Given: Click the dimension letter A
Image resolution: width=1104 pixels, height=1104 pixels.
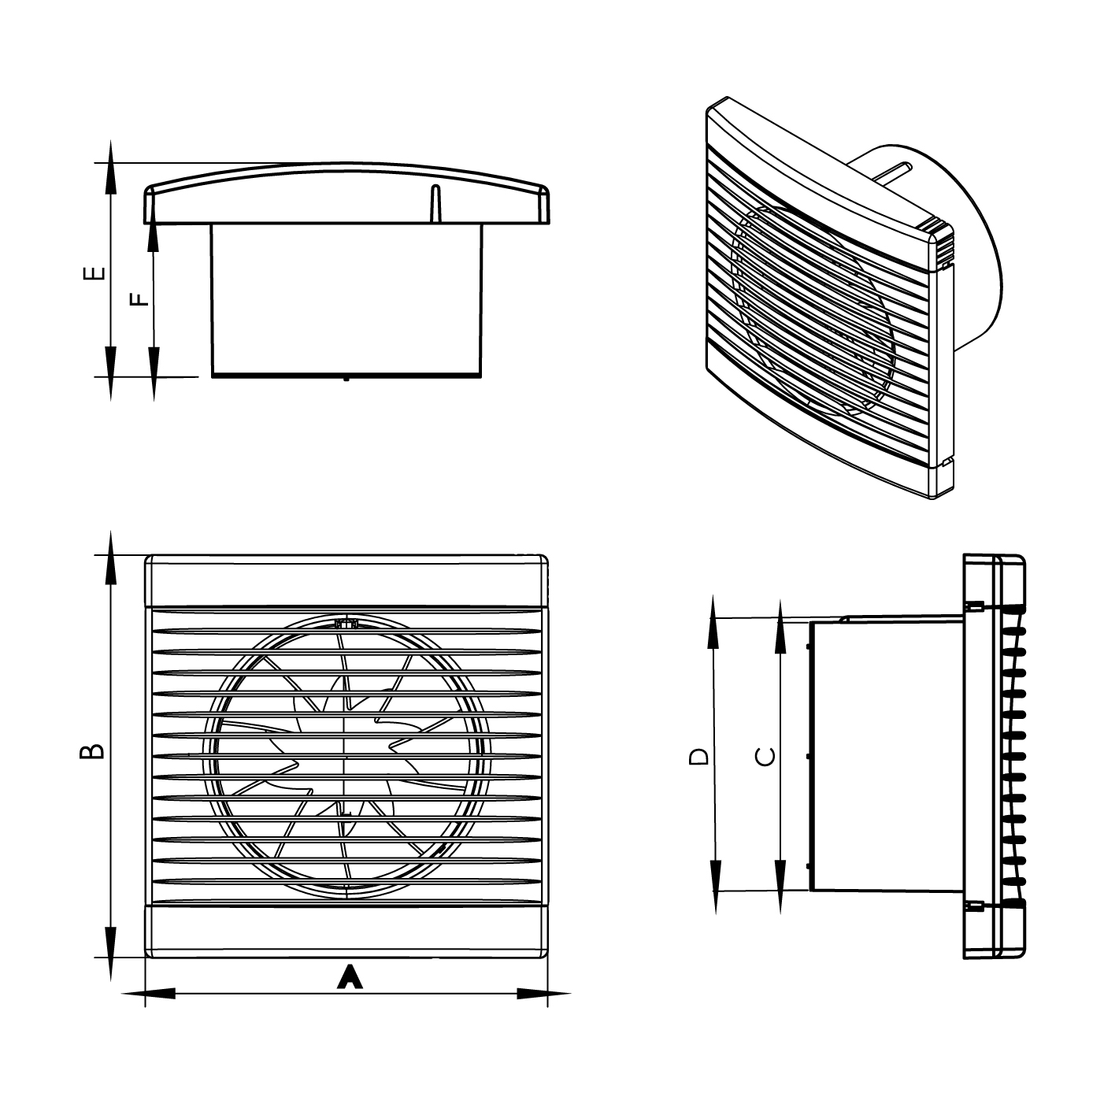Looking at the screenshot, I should pyautogui.click(x=350, y=977).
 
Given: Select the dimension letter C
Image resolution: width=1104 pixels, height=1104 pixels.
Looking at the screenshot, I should pyautogui.click(x=765, y=757).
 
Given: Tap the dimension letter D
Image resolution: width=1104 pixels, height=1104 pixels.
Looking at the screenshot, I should pyautogui.click(x=698, y=757).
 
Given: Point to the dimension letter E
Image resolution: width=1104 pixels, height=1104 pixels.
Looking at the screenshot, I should pyautogui.click(x=94, y=273).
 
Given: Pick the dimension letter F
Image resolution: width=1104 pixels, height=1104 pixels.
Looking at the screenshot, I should pyautogui.click(x=138, y=300).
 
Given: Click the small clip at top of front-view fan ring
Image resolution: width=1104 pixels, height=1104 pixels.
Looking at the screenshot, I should pyautogui.click(x=346, y=624).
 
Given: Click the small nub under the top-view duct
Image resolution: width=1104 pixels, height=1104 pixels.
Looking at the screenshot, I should pyautogui.click(x=346, y=379).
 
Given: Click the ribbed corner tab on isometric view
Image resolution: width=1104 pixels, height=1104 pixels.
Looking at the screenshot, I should pyautogui.click(x=942, y=244).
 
